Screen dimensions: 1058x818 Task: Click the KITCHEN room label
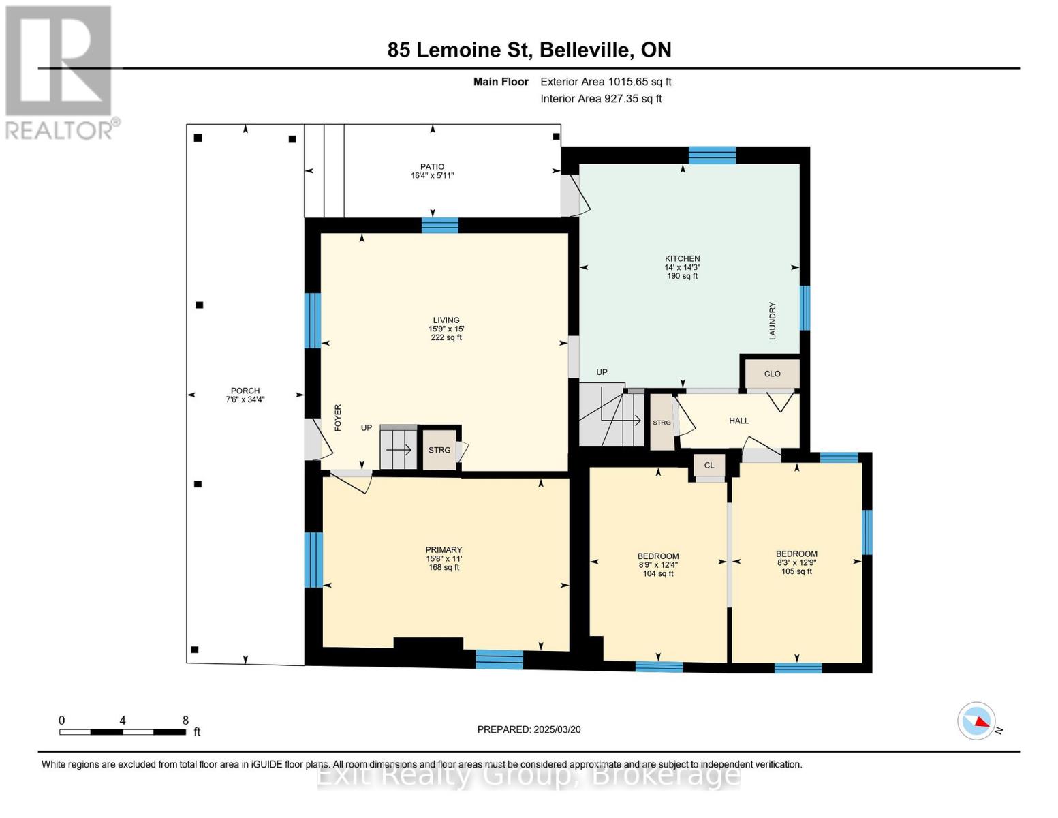[x=682, y=259]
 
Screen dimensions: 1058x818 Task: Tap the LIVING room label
[x=446, y=320]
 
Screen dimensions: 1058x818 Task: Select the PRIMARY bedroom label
[x=443, y=550]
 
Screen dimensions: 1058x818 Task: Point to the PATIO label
[x=433, y=166]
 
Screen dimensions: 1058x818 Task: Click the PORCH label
[x=245, y=391]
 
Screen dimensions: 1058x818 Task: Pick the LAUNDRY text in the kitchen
[x=772, y=321]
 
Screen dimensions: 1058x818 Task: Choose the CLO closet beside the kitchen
[x=772, y=374]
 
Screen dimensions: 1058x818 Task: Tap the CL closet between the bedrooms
[x=709, y=466]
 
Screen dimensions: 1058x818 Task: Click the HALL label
[x=738, y=421]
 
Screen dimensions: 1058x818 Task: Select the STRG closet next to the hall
[x=662, y=422]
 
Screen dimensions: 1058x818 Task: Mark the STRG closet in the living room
[x=439, y=450]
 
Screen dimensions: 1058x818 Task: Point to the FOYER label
[x=338, y=418]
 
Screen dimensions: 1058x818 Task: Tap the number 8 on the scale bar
[x=185, y=720]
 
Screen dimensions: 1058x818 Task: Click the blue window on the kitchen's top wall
[x=712, y=155]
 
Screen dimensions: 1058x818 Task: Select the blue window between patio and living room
[x=439, y=226]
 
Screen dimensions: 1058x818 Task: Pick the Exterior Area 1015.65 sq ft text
[x=606, y=82]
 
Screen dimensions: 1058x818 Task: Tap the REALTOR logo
[x=61, y=73]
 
